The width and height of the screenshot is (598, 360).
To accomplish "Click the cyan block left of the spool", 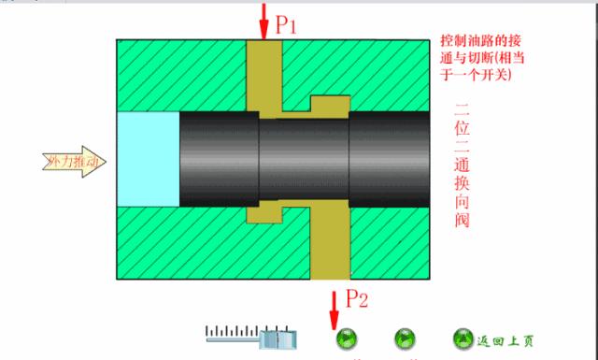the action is click(x=148, y=159).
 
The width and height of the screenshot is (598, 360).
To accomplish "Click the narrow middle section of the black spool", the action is click(x=303, y=159).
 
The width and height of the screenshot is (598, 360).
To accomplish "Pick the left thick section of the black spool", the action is click(x=217, y=159).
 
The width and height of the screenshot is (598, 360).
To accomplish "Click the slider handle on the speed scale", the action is click(x=278, y=338).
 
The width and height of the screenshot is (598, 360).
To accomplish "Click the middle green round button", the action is click(x=406, y=338).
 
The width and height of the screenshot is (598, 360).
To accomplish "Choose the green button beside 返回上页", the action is click(x=463, y=338).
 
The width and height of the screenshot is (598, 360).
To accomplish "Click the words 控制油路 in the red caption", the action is click(x=467, y=43).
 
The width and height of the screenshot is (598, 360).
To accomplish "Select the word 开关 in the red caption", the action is click(x=498, y=75).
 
